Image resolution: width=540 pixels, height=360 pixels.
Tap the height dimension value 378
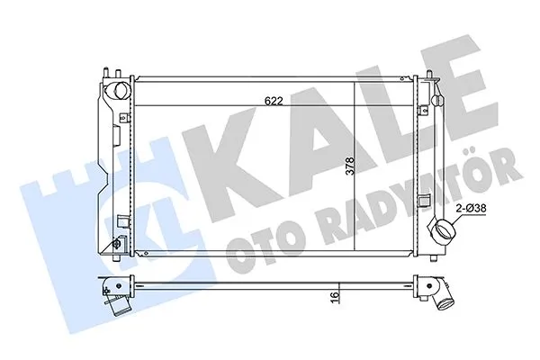click(348, 170)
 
